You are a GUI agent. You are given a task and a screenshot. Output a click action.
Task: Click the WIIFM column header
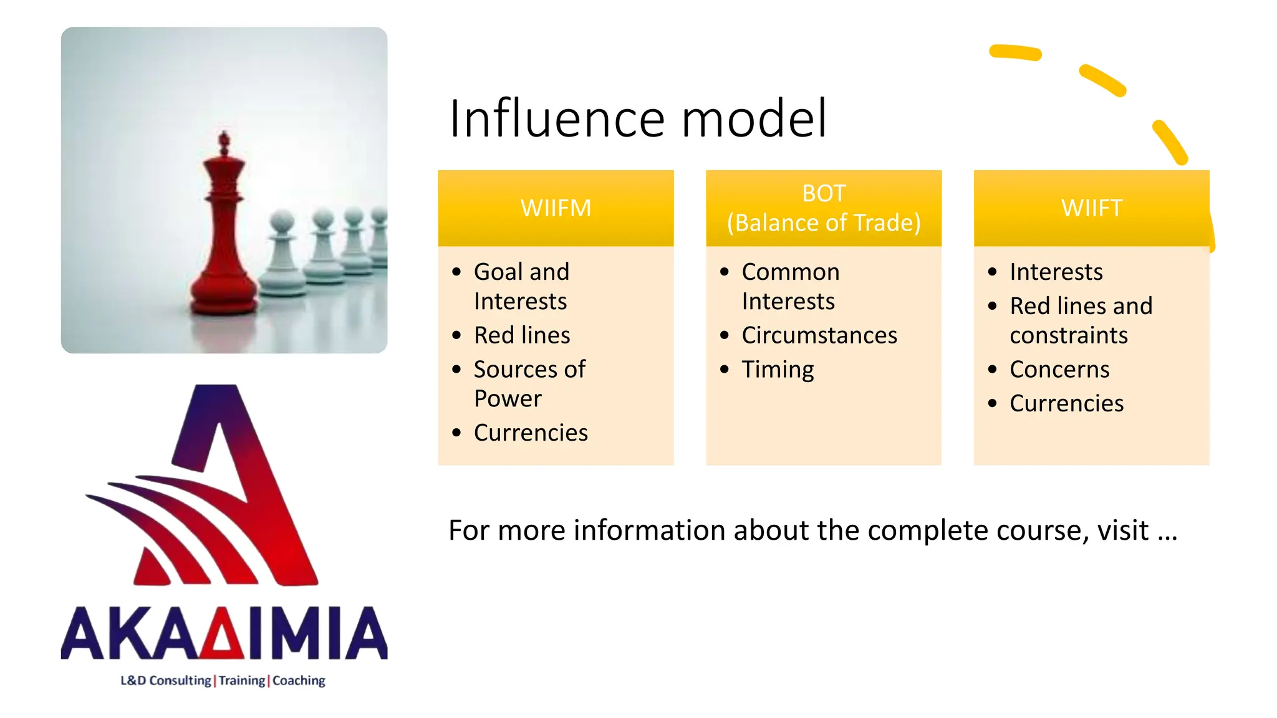click(556, 208)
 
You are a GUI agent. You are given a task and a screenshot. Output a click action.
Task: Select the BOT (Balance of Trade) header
click(823, 208)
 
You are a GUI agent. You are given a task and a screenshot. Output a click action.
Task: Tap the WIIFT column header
click(1091, 208)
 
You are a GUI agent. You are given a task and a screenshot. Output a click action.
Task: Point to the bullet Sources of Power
click(530, 383)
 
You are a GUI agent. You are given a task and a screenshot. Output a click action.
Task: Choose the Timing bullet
click(778, 370)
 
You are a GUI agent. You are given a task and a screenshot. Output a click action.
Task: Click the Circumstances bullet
click(819, 335)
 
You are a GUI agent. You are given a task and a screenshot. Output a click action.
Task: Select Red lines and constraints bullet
click(1081, 320)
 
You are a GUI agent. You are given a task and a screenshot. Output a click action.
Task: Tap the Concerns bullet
click(1059, 370)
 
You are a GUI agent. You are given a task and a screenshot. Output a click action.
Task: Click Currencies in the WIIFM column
click(531, 433)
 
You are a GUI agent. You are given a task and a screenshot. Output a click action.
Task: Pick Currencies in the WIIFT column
click(1066, 403)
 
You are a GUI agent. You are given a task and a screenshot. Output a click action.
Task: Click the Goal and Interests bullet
click(521, 286)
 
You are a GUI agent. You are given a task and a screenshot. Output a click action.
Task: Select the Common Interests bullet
click(790, 286)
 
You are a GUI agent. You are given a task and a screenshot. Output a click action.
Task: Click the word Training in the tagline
click(242, 681)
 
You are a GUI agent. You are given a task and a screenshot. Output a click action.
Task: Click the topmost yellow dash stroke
click(1015, 52)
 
